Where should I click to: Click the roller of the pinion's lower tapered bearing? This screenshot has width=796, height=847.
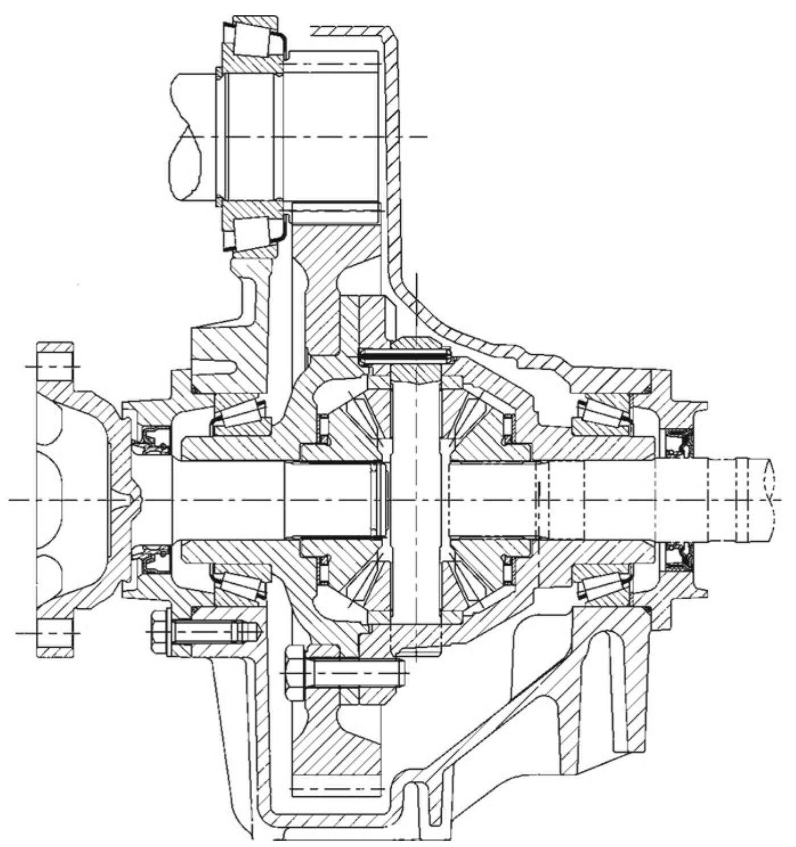(253, 231)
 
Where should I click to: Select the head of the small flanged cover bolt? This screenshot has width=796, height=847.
(159, 631)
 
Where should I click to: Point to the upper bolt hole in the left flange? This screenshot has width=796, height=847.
(55, 366)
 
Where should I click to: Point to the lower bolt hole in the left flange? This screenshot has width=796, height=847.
(55, 633)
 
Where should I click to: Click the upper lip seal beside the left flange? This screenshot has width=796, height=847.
(151, 440)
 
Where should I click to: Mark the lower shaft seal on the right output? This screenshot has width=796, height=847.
(678, 555)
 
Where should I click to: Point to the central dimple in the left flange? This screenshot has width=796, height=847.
(135, 500)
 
